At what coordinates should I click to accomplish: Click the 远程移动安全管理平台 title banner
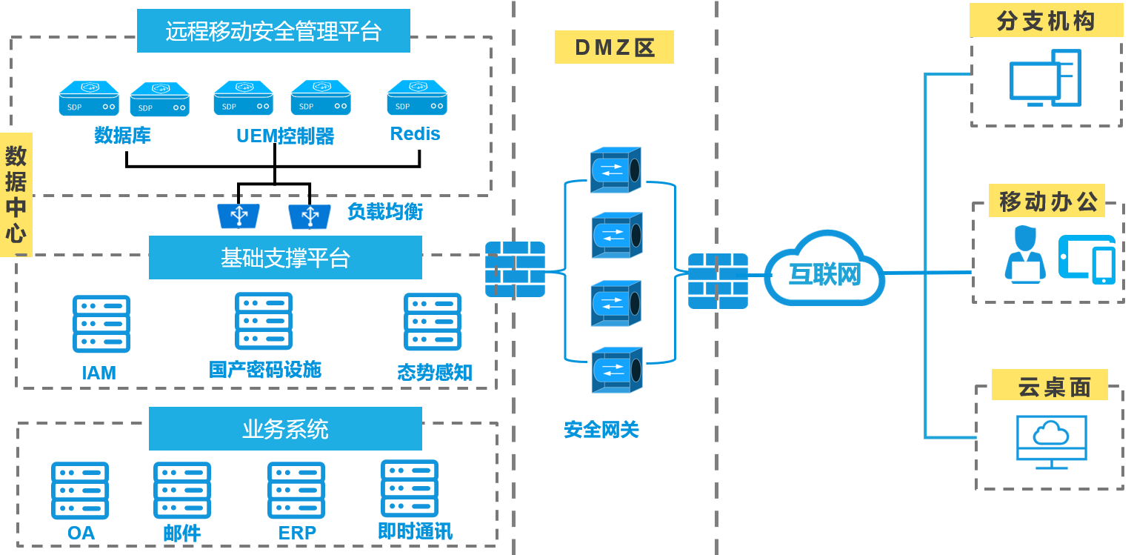pos(273,31)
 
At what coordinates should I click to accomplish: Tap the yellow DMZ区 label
pos(614,47)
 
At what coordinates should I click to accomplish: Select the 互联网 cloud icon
pos(824,270)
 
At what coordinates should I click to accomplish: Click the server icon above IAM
pos(101,324)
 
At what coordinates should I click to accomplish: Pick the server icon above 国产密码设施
pos(264,321)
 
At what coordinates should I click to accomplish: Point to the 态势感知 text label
pos(435,372)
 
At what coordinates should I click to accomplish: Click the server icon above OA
pos(80,491)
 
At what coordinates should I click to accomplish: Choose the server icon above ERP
pos(296,491)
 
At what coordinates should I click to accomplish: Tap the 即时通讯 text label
pos(415,531)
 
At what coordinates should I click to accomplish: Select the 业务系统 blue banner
pos(285,429)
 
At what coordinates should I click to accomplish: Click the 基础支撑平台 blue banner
pos(285,258)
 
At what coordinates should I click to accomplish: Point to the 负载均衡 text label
pos(384,212)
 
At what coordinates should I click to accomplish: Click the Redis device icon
pos(417,98)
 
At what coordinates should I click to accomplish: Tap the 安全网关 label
pos(601,430)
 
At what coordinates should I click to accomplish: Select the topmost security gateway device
pos(616,170)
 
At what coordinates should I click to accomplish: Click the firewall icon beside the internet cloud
pos(718,281)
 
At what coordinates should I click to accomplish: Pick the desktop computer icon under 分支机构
pos(1045,79)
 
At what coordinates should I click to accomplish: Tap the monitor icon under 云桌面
pos(1051,442)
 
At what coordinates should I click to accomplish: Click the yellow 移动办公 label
pos(1047,201)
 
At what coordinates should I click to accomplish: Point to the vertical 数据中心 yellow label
pos(16,195)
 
